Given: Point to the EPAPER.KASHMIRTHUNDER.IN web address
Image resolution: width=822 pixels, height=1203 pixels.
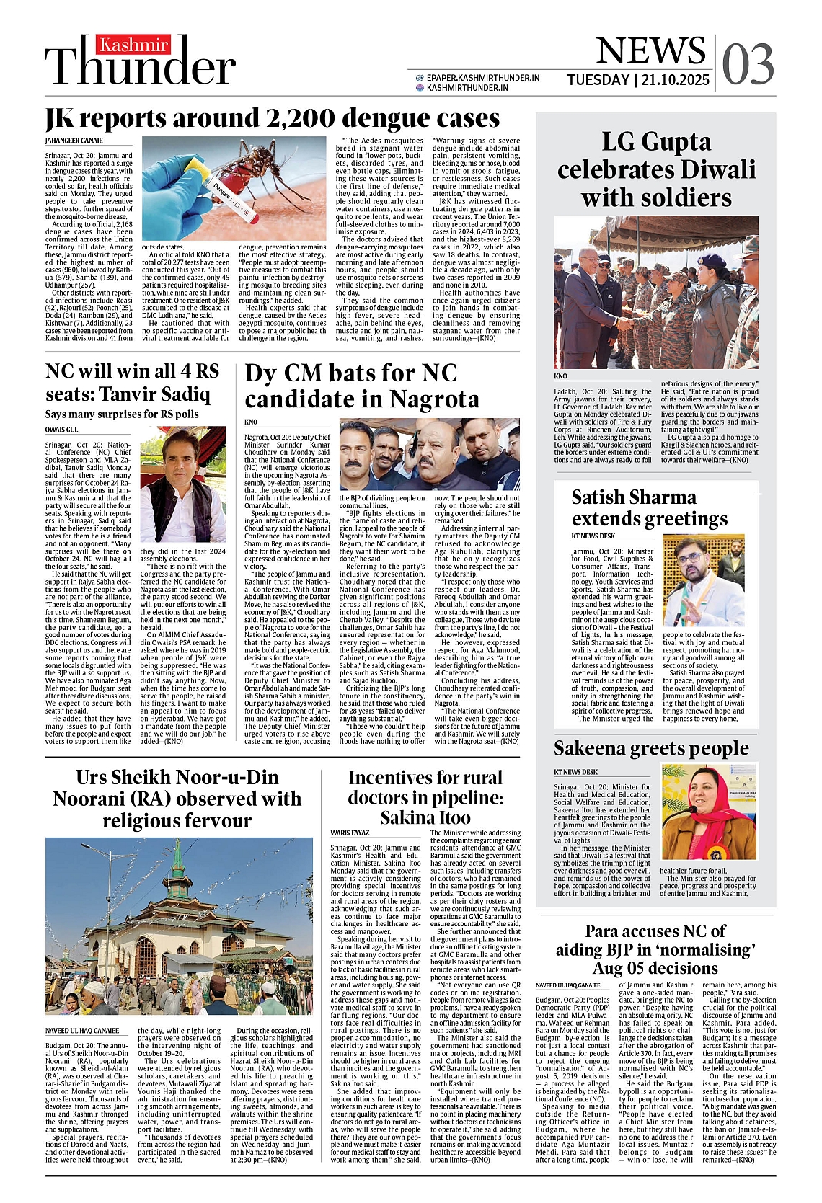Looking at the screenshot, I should [x=482, y=78].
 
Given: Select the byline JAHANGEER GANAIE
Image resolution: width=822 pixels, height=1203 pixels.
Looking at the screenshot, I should [x=74, y=141].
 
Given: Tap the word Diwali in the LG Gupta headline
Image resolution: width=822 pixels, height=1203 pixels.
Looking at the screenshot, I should [x=710, y=170].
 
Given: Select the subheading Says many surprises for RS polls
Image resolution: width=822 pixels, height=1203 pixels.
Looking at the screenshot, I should [x=121, y=414].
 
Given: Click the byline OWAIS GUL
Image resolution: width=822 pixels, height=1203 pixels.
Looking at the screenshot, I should [x=61, y=430].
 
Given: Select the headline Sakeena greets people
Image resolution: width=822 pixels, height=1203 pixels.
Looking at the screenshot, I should [x=651, y=747].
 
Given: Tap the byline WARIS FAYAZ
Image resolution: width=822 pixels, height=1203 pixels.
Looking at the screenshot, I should [x=350, y=833].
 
